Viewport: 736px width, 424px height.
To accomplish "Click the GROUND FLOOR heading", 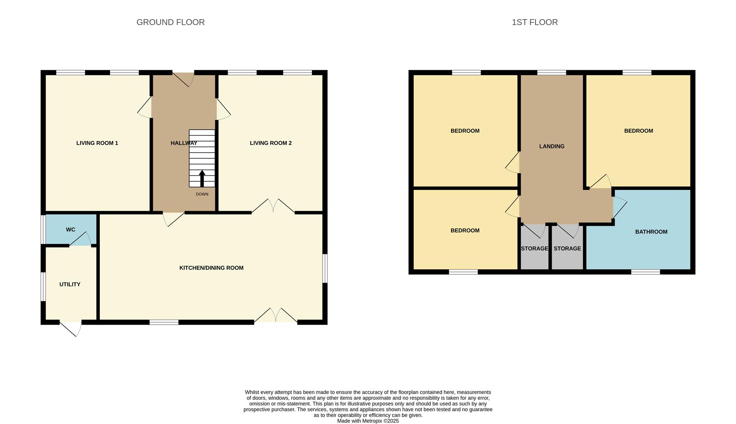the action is click(171, 22).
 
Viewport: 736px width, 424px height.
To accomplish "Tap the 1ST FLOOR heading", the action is click(535, 22).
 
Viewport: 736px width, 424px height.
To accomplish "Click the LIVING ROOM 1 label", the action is click(97, 143).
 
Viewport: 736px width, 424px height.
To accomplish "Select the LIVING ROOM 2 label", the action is click(271, 143).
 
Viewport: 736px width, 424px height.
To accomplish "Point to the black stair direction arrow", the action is click(202, 178).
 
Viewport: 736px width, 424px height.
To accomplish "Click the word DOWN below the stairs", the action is click(202, 194).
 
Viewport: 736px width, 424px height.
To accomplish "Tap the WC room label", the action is click(70, 230).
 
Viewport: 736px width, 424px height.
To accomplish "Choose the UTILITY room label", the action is click(70, 285).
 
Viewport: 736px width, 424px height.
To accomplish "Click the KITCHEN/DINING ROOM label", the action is click(211, 268).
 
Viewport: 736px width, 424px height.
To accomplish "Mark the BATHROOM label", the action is click(651, 232).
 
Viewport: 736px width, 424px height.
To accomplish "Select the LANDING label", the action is click(552, 146).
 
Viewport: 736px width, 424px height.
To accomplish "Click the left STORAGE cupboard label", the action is click(534, 249).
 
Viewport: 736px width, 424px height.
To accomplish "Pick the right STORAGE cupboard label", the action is click(567, 249).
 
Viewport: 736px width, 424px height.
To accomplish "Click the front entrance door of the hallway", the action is click(184, 79).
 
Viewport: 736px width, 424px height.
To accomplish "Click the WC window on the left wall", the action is click(43, 229).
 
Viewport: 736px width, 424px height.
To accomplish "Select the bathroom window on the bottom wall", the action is click(646, 272).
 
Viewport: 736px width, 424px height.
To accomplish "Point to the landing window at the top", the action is click(552, 73).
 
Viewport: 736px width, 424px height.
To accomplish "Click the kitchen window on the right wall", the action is click(325, 269).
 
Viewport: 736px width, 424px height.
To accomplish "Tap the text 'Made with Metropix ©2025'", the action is click(368, 421).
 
